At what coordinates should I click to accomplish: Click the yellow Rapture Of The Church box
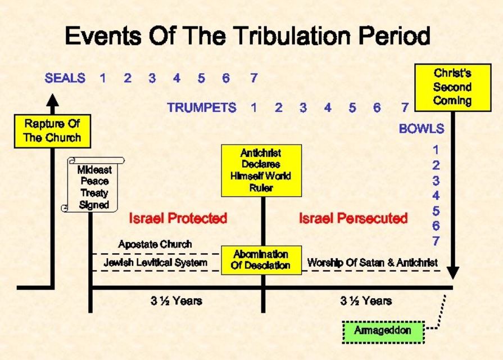pyautogui.click(x=52, y=131)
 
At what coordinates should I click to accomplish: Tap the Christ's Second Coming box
pyautogui.click(x=452, y=87)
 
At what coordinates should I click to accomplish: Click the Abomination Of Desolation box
pyautogui.click(x=261, y=260)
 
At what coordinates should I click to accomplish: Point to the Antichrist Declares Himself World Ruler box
pyautogui.click(x=261, y=170)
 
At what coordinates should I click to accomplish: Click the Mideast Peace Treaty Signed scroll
pyautogui.click(x=93, y=184)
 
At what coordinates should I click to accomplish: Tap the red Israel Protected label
pyautogui.click(x=178, y=218)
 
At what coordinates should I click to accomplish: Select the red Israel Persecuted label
pyautogui.click(x=353, y=218)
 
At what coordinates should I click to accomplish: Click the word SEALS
pyautogui.click(x=65, y=78)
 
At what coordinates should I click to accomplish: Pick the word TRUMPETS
pyautogui.click(x=201, y=107)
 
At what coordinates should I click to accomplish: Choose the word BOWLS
pyautogui.click(x=422, y=129)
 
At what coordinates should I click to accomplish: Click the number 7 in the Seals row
pyautogui.click(x=253, y=78)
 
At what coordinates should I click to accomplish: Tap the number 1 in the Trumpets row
pyautogui.click(x=253, y=107)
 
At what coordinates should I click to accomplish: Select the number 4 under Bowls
pyautogui.click(x=436, y=196)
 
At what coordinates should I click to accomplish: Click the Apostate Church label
pyautogui.click(x=155, y=244)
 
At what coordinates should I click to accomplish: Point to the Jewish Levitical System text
pyautogui.click(x=155, y=263)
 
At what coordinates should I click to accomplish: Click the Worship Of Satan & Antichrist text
pyautogui.click(x=372, y=263)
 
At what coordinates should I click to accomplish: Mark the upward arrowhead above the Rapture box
pyautogui.click(x=52, y=100)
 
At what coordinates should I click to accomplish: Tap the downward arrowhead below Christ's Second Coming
pyautogui.click(x=452, y=273)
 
